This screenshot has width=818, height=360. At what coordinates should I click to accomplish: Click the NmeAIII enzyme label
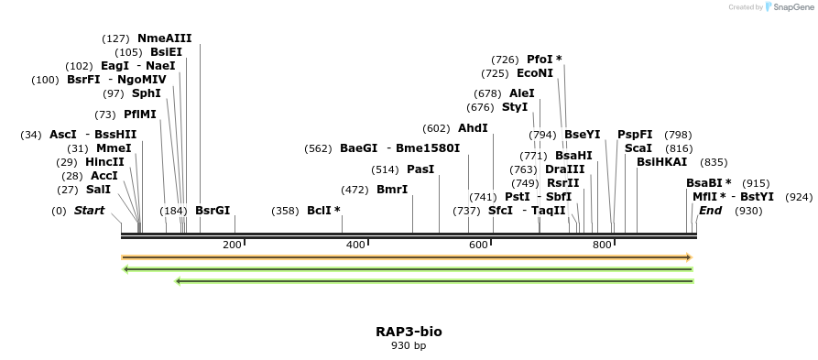click(164, 38)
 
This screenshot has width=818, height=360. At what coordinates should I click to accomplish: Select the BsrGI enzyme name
click(213, 210)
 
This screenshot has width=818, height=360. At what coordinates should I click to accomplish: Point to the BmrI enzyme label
click(392, 190)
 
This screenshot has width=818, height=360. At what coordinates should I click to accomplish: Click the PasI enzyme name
click(420, 169)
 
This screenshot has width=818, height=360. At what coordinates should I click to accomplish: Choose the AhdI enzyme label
click(473, 127)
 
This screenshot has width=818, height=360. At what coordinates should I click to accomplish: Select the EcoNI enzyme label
click(535, 72)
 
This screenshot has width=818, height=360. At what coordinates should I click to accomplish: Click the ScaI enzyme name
click(638, 147)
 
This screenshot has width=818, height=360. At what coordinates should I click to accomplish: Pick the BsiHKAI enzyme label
click(661, 162)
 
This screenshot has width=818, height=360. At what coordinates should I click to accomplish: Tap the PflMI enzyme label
click(140, 114)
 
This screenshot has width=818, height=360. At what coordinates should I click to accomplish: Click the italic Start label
click(89, 210)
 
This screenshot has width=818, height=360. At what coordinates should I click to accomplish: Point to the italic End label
click(710, 210)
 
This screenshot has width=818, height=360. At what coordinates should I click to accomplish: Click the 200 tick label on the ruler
click(232, 245)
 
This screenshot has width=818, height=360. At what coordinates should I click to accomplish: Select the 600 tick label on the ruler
click(478, 245)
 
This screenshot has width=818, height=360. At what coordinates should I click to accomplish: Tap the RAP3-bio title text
click(409, 331)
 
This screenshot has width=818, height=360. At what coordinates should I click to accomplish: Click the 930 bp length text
click(409, 345)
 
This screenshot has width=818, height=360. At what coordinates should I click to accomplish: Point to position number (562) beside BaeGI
click(317, 147)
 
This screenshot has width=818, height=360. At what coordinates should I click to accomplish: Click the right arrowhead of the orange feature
click(688, 257)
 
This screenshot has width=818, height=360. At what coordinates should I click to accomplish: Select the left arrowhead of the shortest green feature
click(178, 280)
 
